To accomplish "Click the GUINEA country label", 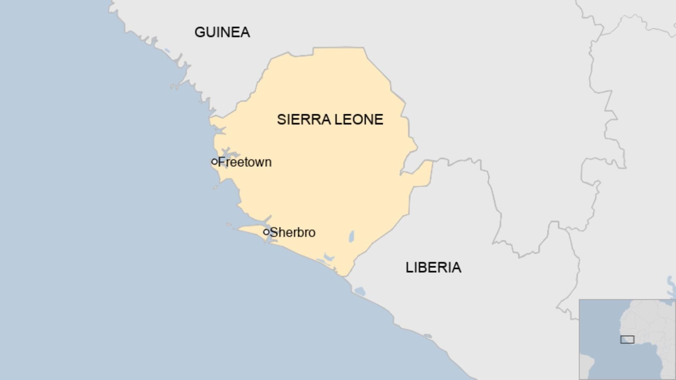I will (x=222, y=32).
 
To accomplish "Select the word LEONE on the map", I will (x=359, y=120).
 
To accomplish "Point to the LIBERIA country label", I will (x=433, y=267).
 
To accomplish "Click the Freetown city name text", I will (x=245, y=162).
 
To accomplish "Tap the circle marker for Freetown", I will (x=214, y=162).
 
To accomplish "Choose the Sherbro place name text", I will (x=292, y=233).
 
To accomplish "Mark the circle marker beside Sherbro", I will (x=266, y=232).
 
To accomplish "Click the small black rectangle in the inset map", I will (x=627, y=339).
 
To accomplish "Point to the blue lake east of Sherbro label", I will (x=352, y=236).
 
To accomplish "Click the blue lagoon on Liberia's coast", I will (x=360, y=291).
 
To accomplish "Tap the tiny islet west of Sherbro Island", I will (x=229, y=225).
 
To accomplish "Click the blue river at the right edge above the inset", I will (x=671, y=286).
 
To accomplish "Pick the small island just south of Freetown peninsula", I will (x=215, y=188).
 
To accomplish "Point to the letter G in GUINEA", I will (x=200, y=32).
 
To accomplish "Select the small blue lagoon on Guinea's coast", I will (x=167, y=51).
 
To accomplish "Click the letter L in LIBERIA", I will (x=409, y=267).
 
